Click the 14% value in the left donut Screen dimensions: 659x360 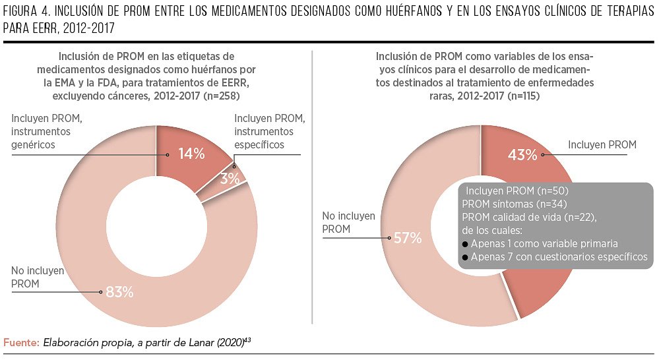(x=192, y=154)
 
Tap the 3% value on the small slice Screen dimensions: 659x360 (x=230, y=179)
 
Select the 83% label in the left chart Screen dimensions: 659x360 (x=120, y=292)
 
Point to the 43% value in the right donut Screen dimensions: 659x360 (x=522, y=155)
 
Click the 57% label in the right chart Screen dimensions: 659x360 (x=408, y=238)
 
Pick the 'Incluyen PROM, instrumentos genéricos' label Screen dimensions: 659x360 (x=47, y=131)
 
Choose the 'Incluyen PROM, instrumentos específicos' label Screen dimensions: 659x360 (x=270, y=131)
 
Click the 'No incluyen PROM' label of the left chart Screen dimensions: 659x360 (x=38, y=277)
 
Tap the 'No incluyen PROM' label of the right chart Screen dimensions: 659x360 (x=349, y=223)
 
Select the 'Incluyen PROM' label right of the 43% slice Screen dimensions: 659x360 (x=602, y=145)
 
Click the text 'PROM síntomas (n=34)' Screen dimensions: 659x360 (x=515, y=204)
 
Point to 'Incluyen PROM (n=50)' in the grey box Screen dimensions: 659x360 (x=517, y=191)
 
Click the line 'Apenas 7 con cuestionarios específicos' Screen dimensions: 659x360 (x=559, y=256)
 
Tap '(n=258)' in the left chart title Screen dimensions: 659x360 (x=222, y=96)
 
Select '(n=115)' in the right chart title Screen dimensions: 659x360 (x=524, y=96)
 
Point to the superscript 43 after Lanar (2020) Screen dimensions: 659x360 (x=247, y=340)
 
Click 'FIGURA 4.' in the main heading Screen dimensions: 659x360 (x=27, y=11)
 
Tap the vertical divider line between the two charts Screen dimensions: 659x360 (x=312, y=187)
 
